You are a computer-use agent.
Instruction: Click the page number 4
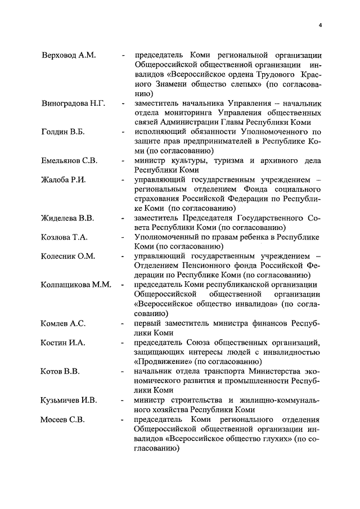click(319, 25)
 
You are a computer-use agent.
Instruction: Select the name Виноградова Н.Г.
click(73, 103)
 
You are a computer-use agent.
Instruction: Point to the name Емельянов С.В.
click(69, 161)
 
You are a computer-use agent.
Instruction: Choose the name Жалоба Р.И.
click(64, 180)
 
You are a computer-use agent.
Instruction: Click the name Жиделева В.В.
click(67, 218)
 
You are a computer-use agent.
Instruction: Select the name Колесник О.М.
click(68, 256)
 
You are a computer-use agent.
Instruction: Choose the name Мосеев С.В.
click(63, 420)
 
